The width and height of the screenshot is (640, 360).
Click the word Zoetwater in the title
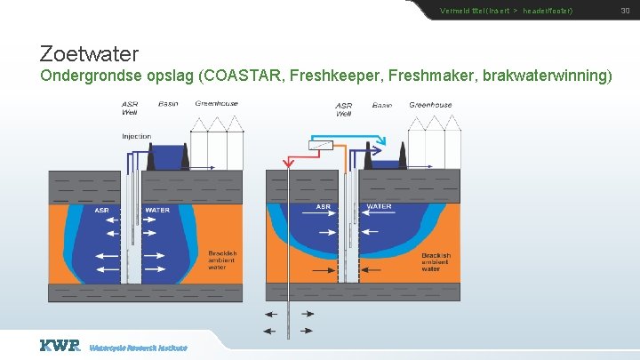click(x=89, y=53)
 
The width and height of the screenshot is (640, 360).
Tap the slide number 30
click(x=624, y=11)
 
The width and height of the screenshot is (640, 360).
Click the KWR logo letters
click(x=60, y=345)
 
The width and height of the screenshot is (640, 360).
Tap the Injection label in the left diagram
click(x=136, y=136)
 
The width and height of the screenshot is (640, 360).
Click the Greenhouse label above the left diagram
click(x=217, y=104)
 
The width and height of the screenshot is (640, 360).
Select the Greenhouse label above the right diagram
click(x=430, y=105)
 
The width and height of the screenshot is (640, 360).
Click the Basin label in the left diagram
click(x=168, y=104)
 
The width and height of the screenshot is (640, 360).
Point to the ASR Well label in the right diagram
click(x=344, y=109)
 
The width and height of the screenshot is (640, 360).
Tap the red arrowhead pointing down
click(x=287, y=164)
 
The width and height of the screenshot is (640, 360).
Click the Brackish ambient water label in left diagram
click(x=222, y=260)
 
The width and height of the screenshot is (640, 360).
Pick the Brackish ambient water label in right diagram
click(x=436, y=261)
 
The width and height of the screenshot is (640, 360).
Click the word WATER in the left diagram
click(x=157, y=211)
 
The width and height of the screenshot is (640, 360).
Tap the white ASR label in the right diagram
click(x=324, y=207)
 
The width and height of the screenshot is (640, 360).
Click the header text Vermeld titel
click(x=462, y=11)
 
